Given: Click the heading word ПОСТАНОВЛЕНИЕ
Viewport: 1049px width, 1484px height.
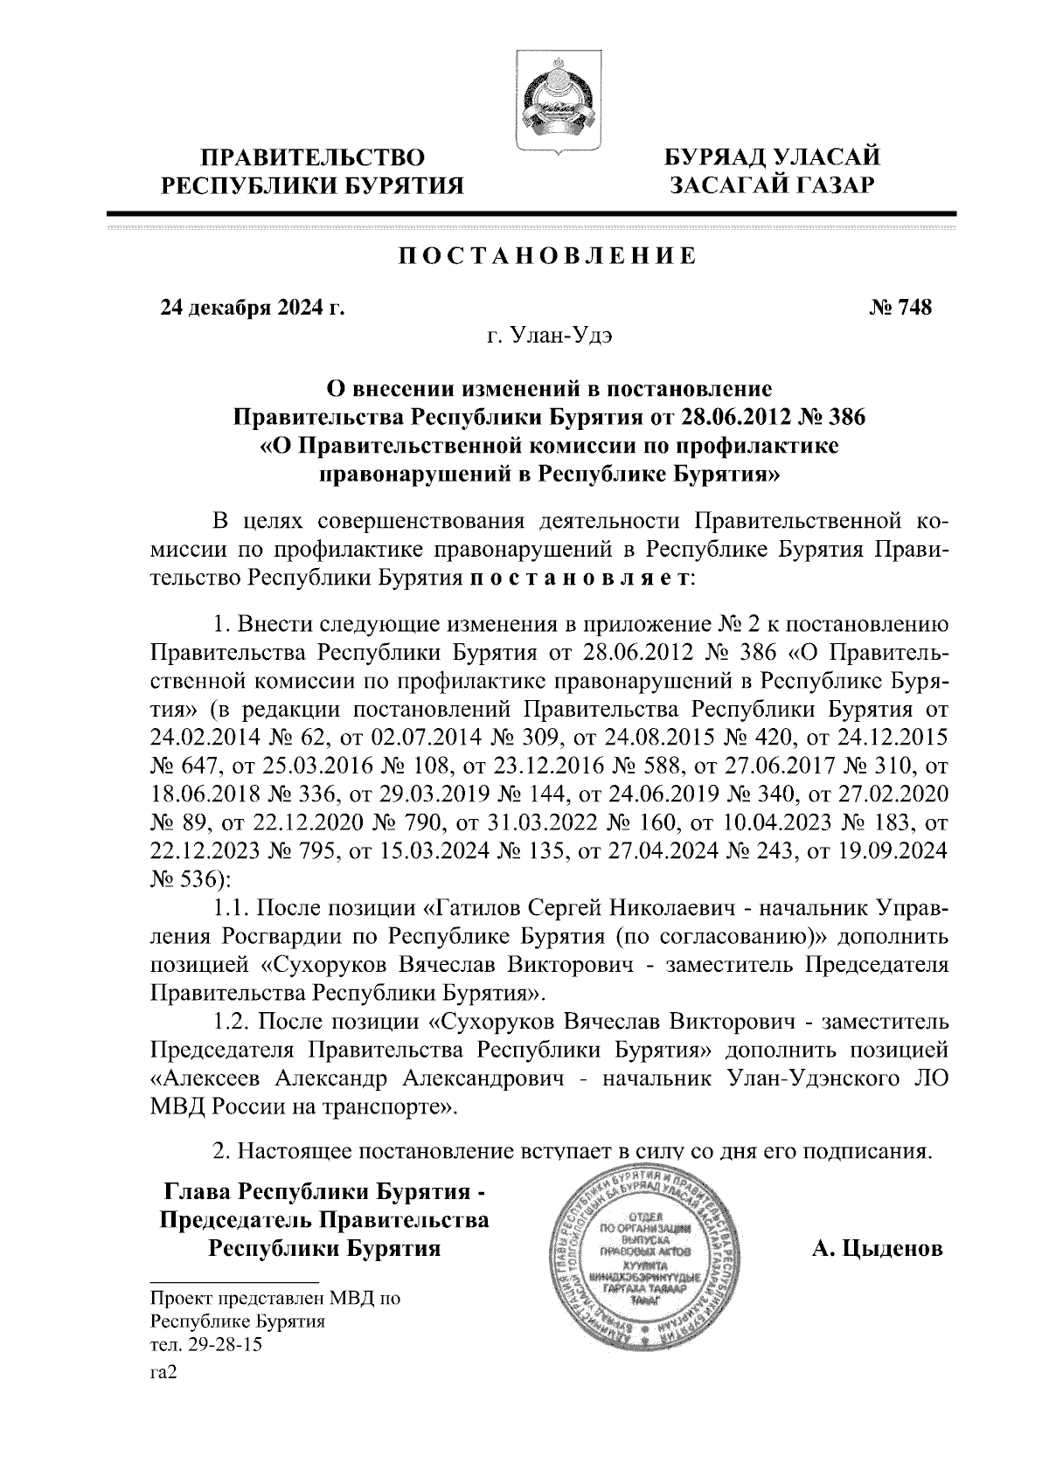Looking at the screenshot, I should [548, 256].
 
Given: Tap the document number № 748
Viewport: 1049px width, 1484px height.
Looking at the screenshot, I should [900, 308].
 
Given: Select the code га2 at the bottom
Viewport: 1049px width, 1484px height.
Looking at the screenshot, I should [163, 1373].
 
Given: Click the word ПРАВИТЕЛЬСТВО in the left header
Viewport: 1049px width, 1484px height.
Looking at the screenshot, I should [314, 158].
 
